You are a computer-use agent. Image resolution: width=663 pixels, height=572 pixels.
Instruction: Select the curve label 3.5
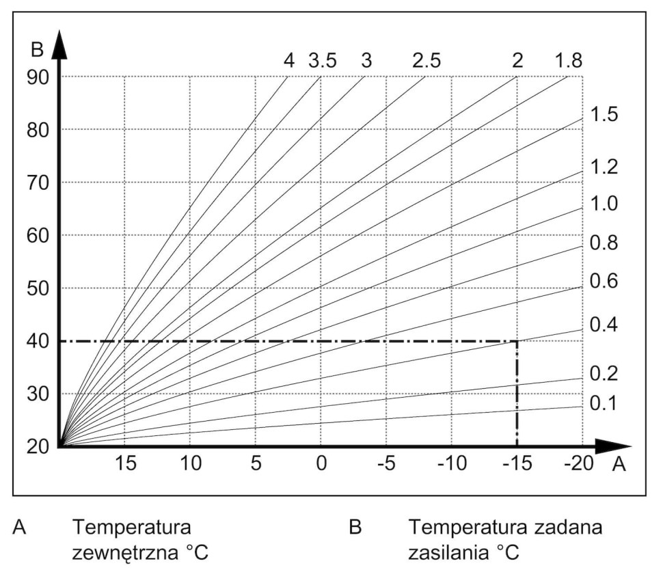pyautogui.click(x=322, y=60)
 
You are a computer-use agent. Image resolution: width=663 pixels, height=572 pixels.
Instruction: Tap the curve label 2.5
pyautogui.click(x=426, y=60)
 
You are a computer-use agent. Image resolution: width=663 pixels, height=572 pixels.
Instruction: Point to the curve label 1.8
pyautogui.click(x=569, y=60)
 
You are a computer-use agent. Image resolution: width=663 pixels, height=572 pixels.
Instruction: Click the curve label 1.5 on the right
pyautogui.click(x=604, y=114)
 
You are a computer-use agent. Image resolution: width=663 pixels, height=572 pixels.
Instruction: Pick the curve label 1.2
pyautogui.click(x=604, y=166)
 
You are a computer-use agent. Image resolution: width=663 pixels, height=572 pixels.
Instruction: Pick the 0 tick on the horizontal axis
pyautogui.click(x=321, y=465)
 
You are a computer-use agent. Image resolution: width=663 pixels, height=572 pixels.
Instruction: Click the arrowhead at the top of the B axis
pyautogui.click(x=59, y=42)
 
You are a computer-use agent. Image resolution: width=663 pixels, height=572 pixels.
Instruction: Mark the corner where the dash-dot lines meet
pyautogui.click(x=517, y=341)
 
